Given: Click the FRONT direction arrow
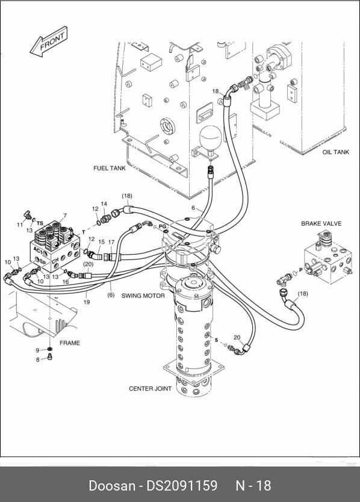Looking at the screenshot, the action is tap(49, 42).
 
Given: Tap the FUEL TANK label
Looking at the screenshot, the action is tap(110, 168).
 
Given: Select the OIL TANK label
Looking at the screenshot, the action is tap(336, 152).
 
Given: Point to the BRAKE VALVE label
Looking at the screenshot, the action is tap(321, 223).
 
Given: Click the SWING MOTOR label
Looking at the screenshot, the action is tap(143, 296).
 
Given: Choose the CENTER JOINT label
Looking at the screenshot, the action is tap(151, 389).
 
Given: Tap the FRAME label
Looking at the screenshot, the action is tap(70, 343).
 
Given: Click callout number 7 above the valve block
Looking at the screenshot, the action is tap(65, 215).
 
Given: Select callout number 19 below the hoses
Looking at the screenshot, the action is tap(87, 302).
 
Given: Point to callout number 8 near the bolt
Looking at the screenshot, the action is tap(38, 359).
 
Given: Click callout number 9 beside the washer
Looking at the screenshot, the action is tap(37, 350).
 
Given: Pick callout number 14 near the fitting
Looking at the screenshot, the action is tap(104, 203).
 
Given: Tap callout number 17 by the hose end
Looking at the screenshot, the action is tap(111, 242).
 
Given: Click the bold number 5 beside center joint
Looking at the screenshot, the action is tap(216, 340).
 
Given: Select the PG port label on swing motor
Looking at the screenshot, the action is tap(163, 226).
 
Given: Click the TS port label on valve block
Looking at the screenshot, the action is tap(40, 223).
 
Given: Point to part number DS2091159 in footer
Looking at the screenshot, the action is tap(182, 486).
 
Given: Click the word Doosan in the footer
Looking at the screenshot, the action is tap(112, 486).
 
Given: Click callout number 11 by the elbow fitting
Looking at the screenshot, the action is tap(20, 225).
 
